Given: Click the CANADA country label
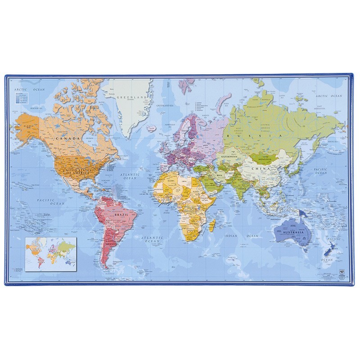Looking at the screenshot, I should click(68, 139).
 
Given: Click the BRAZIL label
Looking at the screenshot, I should click(122, 215).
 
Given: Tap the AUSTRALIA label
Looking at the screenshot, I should click(294, 232).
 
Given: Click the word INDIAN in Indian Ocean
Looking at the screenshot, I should click(231, 235).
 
